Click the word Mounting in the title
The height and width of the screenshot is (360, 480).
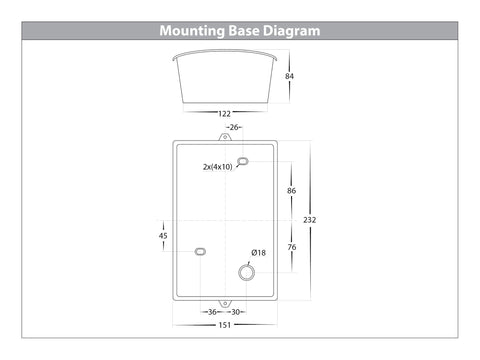point(192,31)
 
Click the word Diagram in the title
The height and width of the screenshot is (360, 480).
point(291,31)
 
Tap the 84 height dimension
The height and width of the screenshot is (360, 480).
point(289,76)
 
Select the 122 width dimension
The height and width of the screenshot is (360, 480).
point(224,114)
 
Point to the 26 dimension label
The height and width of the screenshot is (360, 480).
point(234,127)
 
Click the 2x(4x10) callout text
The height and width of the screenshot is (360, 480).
point(218,167)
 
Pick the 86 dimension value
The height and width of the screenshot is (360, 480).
point(291,191)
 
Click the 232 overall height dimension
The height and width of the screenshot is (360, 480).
point(310,220)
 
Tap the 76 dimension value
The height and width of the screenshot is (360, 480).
point(292,247)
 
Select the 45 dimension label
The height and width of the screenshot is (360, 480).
point(163,236)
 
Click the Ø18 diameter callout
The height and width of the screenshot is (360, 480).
point(259,253)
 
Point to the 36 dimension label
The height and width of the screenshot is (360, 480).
point(212,312)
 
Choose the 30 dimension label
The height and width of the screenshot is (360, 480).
point(235,312)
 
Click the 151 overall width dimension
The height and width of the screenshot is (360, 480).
point(225,325)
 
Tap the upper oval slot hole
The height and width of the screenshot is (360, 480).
point(243,162)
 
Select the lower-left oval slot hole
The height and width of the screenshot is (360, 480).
point(200,252)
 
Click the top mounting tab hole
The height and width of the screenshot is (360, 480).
point(225,137)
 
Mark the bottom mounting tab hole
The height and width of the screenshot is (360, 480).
point(225,303)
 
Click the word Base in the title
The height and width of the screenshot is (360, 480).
point(244,31)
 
